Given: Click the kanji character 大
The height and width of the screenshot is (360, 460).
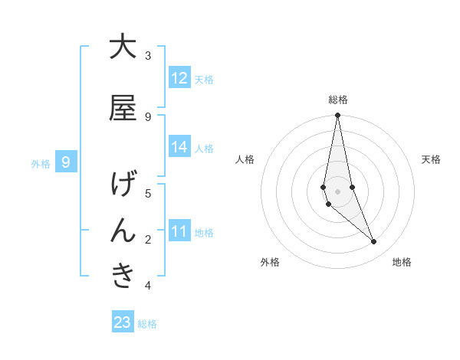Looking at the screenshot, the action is click(123, 47).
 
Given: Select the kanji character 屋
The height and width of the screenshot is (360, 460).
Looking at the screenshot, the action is click(123, 109).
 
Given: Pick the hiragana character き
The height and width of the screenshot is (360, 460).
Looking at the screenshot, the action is click(123, 276).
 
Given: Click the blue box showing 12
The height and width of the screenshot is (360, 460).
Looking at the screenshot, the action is click(179, 78).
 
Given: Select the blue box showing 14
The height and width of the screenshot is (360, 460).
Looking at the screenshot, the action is click(179, 147).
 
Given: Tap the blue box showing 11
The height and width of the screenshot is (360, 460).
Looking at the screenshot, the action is click(179, 231).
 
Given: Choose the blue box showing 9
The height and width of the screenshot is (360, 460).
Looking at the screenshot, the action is click(67, 162).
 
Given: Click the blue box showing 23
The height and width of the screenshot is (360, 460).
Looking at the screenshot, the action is click(123, 322).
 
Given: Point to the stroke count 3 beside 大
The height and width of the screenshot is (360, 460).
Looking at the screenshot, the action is click(148, 56).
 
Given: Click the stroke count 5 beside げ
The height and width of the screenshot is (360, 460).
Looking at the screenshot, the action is click(148, 193).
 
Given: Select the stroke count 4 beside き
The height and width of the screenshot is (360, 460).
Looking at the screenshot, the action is click(148, 285).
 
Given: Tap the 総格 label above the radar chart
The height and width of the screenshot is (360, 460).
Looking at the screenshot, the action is click(338, 100).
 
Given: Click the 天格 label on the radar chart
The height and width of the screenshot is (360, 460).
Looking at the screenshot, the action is click(432, 159).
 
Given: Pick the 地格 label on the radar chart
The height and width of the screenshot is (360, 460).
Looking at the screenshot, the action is click(402, 262).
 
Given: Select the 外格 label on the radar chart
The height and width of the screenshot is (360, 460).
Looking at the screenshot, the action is click(270, 262).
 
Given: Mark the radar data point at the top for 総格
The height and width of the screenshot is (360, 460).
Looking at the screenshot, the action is click(337, 116).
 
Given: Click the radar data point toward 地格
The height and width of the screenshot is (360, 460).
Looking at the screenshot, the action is click(374, 242).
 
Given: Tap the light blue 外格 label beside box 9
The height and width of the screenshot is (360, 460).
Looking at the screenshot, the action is click(41, 163).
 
